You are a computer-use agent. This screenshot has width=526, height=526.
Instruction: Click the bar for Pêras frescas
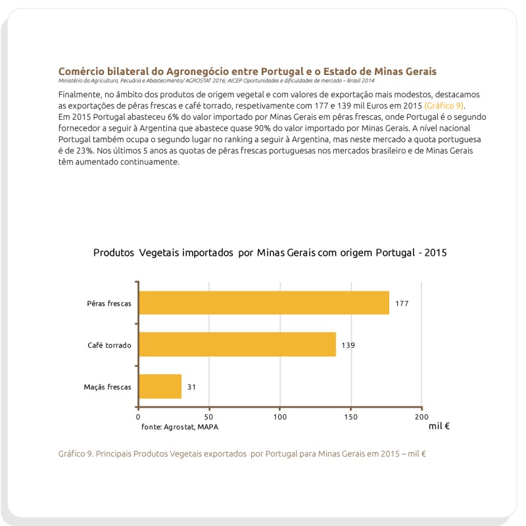coord(264,303)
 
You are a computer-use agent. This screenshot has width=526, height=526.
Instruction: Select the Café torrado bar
coord(237,345)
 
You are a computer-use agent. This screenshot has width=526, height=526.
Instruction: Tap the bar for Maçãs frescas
coord(160,387)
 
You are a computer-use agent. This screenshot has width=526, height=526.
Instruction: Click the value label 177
coord(402,304)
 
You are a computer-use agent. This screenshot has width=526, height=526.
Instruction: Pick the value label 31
coord(191,387)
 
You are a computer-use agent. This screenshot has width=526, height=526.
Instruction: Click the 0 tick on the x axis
coord(138,417)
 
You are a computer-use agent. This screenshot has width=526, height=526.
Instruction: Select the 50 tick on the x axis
coord(209,417)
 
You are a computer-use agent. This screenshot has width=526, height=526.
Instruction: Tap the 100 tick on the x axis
coord(280,417)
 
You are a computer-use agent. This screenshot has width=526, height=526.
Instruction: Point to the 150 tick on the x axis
coord(351,417)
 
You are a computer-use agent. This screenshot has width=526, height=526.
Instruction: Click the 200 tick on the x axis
coord(421,417)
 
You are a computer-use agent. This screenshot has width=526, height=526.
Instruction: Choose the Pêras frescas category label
coord(109,304)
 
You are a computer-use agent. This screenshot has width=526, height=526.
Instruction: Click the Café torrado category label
coord(109,345)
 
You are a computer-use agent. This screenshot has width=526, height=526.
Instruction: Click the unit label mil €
coord(439,426)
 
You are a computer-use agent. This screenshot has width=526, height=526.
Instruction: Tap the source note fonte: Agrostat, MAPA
coord(179,427)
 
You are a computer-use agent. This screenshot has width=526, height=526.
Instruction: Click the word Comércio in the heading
coord(82,71)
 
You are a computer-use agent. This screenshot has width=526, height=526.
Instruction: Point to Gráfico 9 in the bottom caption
coord(76,454)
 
